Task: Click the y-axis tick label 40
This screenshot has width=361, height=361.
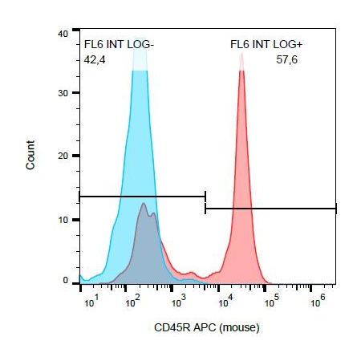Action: click(x=63, y=34)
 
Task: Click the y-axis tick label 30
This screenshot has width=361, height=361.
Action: click(x=63, y=93)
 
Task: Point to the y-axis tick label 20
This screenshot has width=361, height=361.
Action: click(x=63, y=156)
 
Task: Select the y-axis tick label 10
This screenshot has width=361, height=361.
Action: click(x=63, y=220)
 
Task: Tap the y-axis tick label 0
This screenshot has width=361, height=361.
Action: click(x=66, y=280)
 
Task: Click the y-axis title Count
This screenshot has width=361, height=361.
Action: click(x=30, y=155)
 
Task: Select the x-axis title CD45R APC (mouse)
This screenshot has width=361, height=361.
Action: click(x=207, y=327)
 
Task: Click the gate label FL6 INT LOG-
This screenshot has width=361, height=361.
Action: click(x=119, y=44)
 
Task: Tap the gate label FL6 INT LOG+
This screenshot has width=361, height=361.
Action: click(x=266, y=44)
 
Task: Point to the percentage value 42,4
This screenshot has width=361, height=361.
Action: click(x=95, y=59)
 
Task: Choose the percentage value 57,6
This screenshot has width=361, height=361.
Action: click(x=286, y=59)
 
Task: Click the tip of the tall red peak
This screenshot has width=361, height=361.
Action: click(x=242, y=53)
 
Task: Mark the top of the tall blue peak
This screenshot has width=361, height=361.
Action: click(x=140, y=38)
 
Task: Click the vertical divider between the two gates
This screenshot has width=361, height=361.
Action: click(x=205, y=202)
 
